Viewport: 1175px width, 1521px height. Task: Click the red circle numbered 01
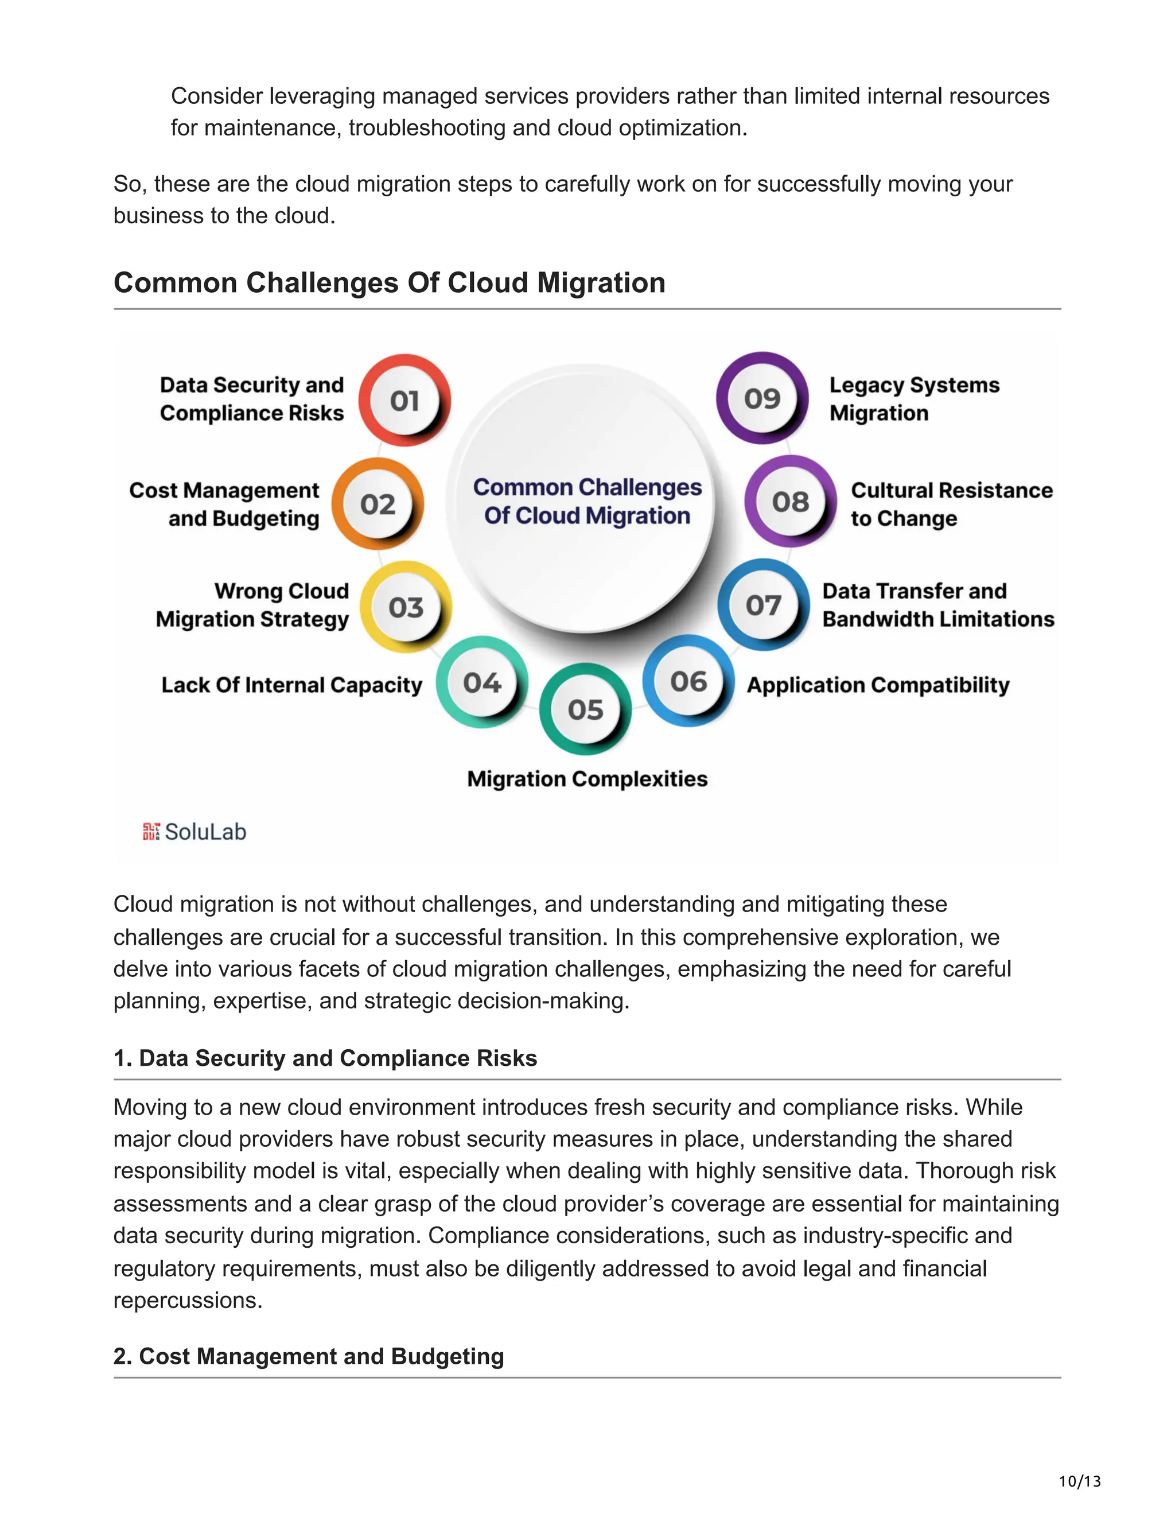pos(404,401)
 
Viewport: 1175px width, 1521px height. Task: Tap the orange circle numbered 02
pos(378,503)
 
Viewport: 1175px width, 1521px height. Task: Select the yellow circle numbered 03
pos(406,607)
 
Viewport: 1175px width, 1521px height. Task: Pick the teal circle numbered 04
pos(482,682)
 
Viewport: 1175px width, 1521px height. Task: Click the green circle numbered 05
pos(585,709)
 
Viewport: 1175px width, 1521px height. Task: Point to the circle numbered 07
pos(763,605)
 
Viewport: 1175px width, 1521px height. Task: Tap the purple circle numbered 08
pos(791,502)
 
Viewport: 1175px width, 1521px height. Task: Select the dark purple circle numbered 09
pos(762,398)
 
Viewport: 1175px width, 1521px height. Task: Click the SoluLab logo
pos(195,832)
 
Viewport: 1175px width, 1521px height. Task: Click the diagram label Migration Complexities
pos(587,779)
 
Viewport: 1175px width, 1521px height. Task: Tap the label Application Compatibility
pos(878,685)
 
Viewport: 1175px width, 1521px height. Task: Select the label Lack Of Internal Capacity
pos(291,685)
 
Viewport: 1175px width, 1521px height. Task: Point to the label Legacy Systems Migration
pos(914,399)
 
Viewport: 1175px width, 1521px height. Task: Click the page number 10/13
pos(1080,1481)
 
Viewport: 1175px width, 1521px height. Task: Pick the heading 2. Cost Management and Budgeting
pos(308,1356)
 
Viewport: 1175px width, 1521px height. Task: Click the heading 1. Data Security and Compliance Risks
pos(325,1058)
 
